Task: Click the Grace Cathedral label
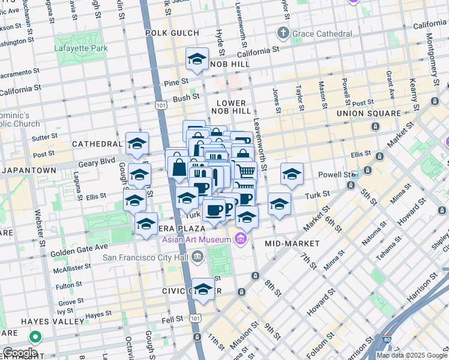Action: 322,34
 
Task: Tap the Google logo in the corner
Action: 20,352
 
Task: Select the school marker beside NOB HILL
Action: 197,59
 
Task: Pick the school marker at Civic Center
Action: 203,290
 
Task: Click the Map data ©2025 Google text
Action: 411,355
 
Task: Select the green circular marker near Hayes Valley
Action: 35,337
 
